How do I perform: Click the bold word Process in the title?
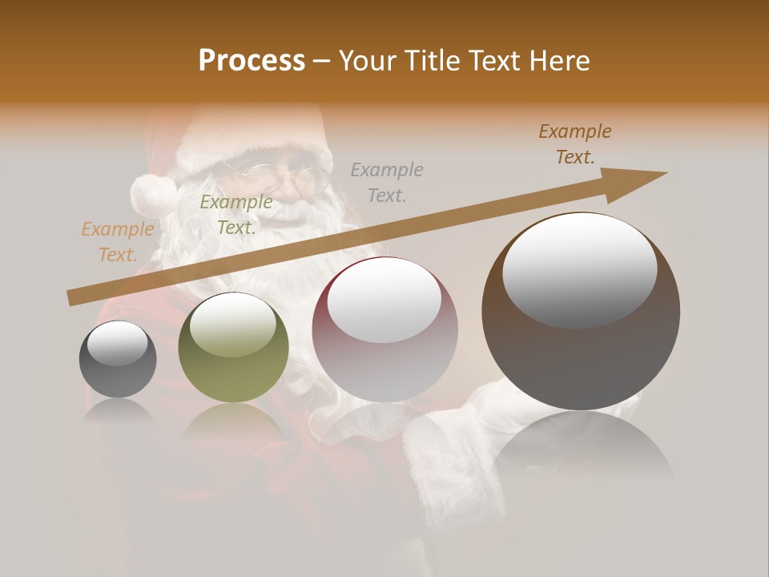[x=252, y=61]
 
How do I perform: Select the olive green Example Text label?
[x=236, y=215]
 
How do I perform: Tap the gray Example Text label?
[x=387, y=182]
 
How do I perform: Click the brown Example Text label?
[x=574, y=144]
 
